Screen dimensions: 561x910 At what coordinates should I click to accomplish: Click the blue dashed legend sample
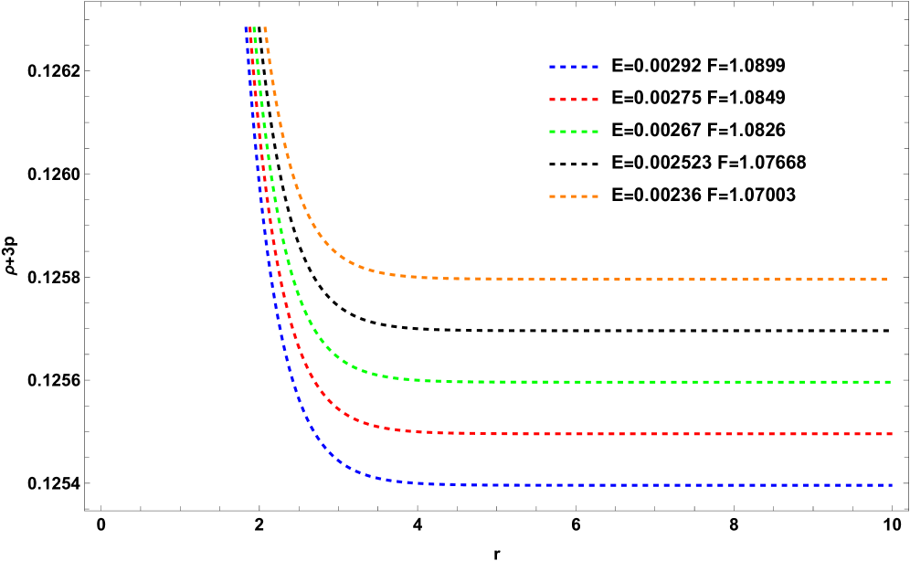pyautogui.click(x=574, y=67)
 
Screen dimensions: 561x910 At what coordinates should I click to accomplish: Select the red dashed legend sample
pyautogui.click(x=574, y=100)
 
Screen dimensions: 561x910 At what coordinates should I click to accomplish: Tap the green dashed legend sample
pyautogui.click(x=574, y=132)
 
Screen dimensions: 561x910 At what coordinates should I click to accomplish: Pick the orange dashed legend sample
pyautogui.click(x=574, y=196)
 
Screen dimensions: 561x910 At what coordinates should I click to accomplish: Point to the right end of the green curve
pyautogui.click(x=891, y=382)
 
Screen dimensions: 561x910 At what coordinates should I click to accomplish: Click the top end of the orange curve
pyautogui.click(x=264, y=28)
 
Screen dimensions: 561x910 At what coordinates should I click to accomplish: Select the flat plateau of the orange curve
pyautogui.click(x=640, y=280)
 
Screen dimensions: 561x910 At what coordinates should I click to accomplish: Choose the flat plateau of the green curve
pyautogui.click(x=640, y=382)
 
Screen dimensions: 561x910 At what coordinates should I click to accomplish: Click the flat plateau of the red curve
pyautogui.click(x=640, y=434)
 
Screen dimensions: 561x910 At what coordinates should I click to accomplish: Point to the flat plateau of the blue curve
pyautogui.click(x=640, y=485)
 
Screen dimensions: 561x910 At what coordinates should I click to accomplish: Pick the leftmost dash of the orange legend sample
pyautogui.click(x=554, y=196)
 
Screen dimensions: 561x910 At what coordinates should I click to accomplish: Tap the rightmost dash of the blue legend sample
pyautogui.click(x=594, y=67)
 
